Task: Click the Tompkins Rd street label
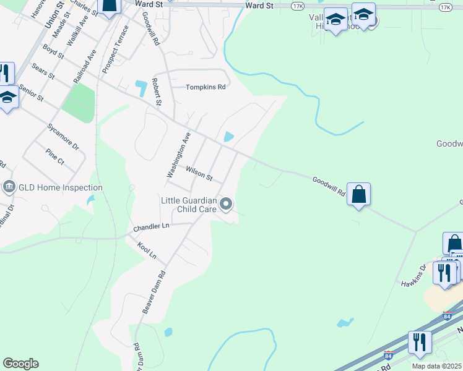click(206, 87)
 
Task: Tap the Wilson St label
click(199, 173)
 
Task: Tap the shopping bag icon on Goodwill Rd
click(358, 194)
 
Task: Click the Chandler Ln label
click(151, 227)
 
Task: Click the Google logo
click(20, 364)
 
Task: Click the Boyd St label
click(53, 51)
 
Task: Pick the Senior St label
click(31, 93)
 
